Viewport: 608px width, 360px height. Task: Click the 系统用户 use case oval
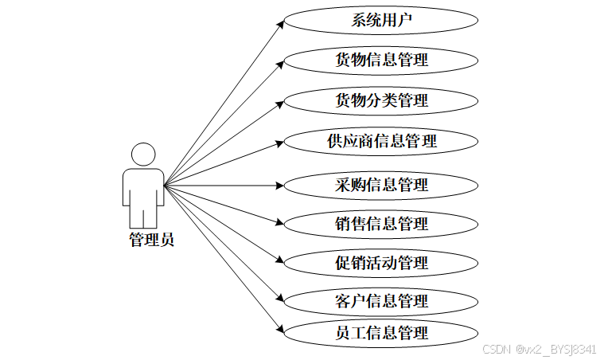(x=381, y=20)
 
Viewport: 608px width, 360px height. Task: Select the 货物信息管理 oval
(x=381, y=60)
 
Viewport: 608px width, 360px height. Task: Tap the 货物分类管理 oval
(x=381, y=101)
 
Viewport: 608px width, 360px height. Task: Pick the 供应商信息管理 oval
(x=381, y=142)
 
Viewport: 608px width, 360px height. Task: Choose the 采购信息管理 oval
(x=381, y=185)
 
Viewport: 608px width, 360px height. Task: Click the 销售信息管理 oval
(x=381, y=224)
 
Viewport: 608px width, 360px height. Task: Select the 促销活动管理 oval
(x=381, y=263)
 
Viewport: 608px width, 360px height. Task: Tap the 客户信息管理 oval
(x=381, y=301)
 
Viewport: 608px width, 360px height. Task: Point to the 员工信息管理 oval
(x=381, y=333)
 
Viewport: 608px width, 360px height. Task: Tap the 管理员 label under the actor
(x=151, y=239)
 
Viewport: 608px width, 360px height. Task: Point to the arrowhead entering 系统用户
(x=280, y=22)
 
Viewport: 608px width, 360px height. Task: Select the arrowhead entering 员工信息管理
(x=280, y=331)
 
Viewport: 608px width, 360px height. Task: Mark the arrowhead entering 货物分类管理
(x=279, y=102)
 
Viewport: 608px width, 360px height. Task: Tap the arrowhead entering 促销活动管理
(x=279, y=260)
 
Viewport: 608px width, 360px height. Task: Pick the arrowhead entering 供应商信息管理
(x=279, y=143)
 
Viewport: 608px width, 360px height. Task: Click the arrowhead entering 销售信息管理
(x=279, y=223)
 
